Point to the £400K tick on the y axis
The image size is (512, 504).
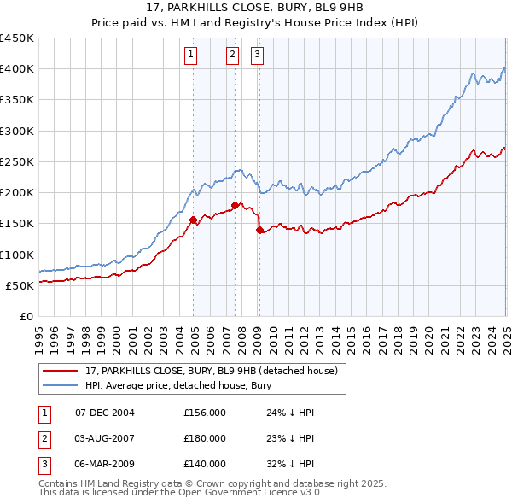click(17, 69)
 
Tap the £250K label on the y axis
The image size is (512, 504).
click(17, 161)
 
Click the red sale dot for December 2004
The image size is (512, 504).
click(194, 220)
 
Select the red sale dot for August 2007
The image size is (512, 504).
click(235, 205)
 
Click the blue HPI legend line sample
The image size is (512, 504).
click(61, 385)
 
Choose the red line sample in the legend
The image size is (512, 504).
click(61, 371)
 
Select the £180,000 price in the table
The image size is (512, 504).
click(205, 438)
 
